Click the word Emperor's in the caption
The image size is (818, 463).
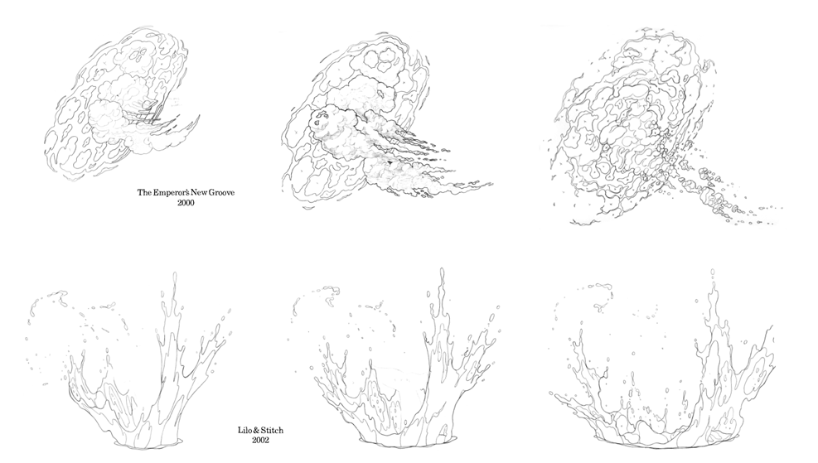click(x=170, y=192)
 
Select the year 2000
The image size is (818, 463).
click(x=186, y=203)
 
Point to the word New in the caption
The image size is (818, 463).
click(x=198, y=192)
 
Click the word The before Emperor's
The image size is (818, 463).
click(x=144, y=192)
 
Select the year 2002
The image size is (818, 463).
click(x=260, y=440)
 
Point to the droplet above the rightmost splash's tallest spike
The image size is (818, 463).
click(x=713, y=272)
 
